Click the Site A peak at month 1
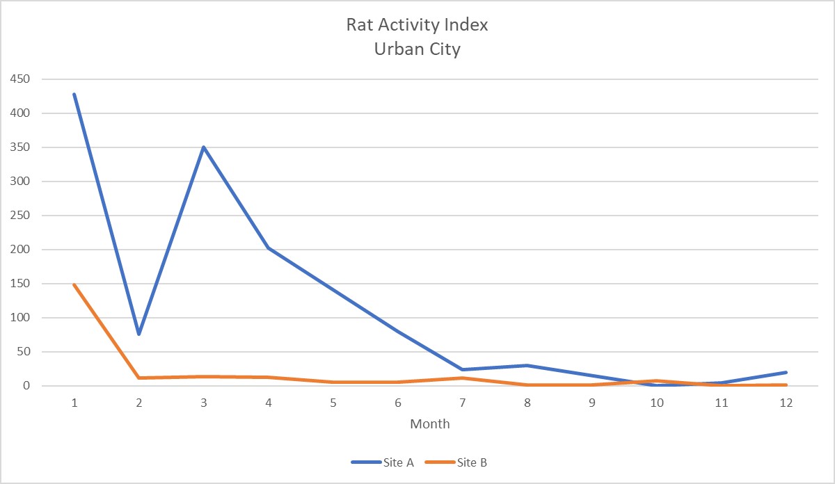(74, 94)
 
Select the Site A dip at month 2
(138, 334)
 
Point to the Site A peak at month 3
(203, 147)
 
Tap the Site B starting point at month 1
(74, 284)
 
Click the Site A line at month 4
(269, 248)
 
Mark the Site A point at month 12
(786, 372)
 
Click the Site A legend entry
(382, 462)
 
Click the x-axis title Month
(429, 423)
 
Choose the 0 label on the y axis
(26, 386)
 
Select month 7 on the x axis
(463, 403)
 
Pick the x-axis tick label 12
(786, 403)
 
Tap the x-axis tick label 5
(333, 403)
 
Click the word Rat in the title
(360, 25)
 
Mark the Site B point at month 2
(138, 378)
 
